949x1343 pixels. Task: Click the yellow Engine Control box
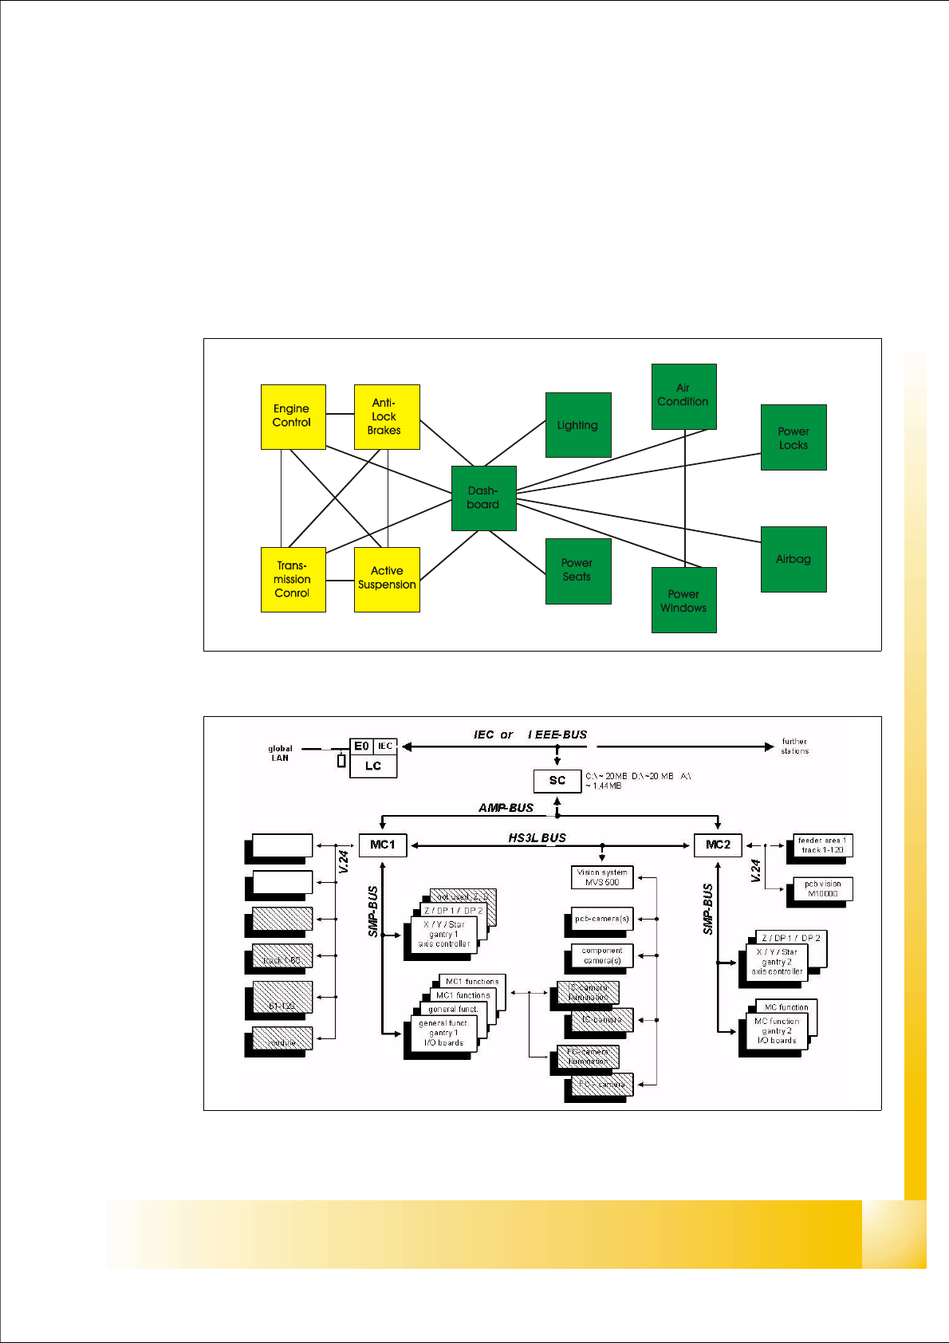293,416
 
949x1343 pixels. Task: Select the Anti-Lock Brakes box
387,417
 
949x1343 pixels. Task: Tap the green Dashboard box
483,498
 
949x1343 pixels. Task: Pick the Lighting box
577,425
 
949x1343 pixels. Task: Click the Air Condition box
683,396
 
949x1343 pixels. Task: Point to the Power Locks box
793,438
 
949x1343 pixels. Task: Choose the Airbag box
793,559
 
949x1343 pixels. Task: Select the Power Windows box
683,601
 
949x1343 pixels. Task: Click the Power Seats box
577,570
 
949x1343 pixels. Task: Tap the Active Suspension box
387,579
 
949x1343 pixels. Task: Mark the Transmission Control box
293,579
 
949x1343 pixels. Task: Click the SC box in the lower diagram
557,781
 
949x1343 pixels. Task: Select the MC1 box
383,845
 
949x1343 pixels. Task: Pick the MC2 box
718,845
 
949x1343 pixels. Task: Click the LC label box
373,766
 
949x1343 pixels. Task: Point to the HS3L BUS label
537,837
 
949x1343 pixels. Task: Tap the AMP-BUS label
506,808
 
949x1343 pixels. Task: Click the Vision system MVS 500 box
602,877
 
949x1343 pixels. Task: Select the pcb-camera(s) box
602,919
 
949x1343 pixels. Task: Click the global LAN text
280,753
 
